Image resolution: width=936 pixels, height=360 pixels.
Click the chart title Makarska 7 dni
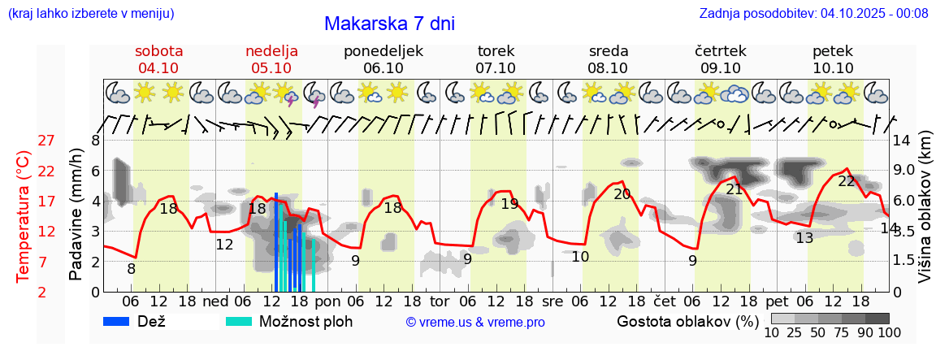pyautogui.click(x=389, y=24)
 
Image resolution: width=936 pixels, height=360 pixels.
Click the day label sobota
pyautogui.click(x=158, y=51)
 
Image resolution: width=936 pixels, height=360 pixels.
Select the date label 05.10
pyautogui.click(x=271, y=68)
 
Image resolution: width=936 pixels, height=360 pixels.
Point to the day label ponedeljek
pyautogui.click(x=383, y=51)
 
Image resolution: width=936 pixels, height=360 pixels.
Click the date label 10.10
pyautogui.click(x=833, y=68)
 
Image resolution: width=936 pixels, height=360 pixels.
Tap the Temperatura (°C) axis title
pyautogui.click(x=24, y=217)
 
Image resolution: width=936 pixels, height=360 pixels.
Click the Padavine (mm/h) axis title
pyautogui.click(x=76, y=215)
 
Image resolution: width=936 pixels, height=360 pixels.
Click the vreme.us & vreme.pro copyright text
pyautogui.click(x=475, y=322)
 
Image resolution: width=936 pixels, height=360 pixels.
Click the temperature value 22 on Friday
pyautogui.click(x=847, y=181)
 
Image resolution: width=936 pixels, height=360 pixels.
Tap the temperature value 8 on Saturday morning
pyautogui.click(x=131, y=269)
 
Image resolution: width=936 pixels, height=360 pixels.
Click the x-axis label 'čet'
pyautogui.click(x=664, y=300)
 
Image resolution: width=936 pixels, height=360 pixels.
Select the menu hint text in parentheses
pyautogui.click(x=90, y=13)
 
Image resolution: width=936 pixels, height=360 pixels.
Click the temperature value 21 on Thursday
pyautogui.click(x=734, y=189)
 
